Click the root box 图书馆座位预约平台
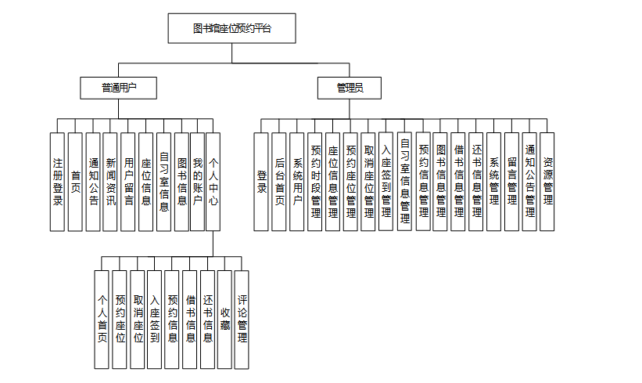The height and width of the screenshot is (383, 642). tap(231, 29)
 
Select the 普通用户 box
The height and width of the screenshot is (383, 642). tap(118, 88)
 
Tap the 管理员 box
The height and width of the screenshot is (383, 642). tap(349, 88)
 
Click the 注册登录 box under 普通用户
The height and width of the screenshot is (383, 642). tap(57, 182)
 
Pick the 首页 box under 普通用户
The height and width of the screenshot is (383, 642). tap(75, 182)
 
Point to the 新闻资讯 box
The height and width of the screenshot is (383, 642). tap(111, 182)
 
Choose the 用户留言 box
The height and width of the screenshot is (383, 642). tap(128, 182)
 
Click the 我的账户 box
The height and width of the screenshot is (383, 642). tap(197, 182)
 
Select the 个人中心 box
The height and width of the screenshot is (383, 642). tap(213, 182)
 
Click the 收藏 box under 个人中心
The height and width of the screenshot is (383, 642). tap(225, 320)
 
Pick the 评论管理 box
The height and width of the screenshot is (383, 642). tap(242, 320)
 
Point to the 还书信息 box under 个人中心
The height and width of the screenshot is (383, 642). tap(208, 320)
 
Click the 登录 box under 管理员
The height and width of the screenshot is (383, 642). tap(261, 182)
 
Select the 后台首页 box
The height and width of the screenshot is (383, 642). tap(279, 182)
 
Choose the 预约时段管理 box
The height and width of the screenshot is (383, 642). tap(316, 182)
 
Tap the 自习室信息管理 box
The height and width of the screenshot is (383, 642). tap(404, 182)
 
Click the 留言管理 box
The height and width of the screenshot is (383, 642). tap(511, 182)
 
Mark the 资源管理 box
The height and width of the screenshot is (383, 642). tap(547, 182)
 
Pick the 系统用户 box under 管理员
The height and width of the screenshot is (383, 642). tap(297, 182)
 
